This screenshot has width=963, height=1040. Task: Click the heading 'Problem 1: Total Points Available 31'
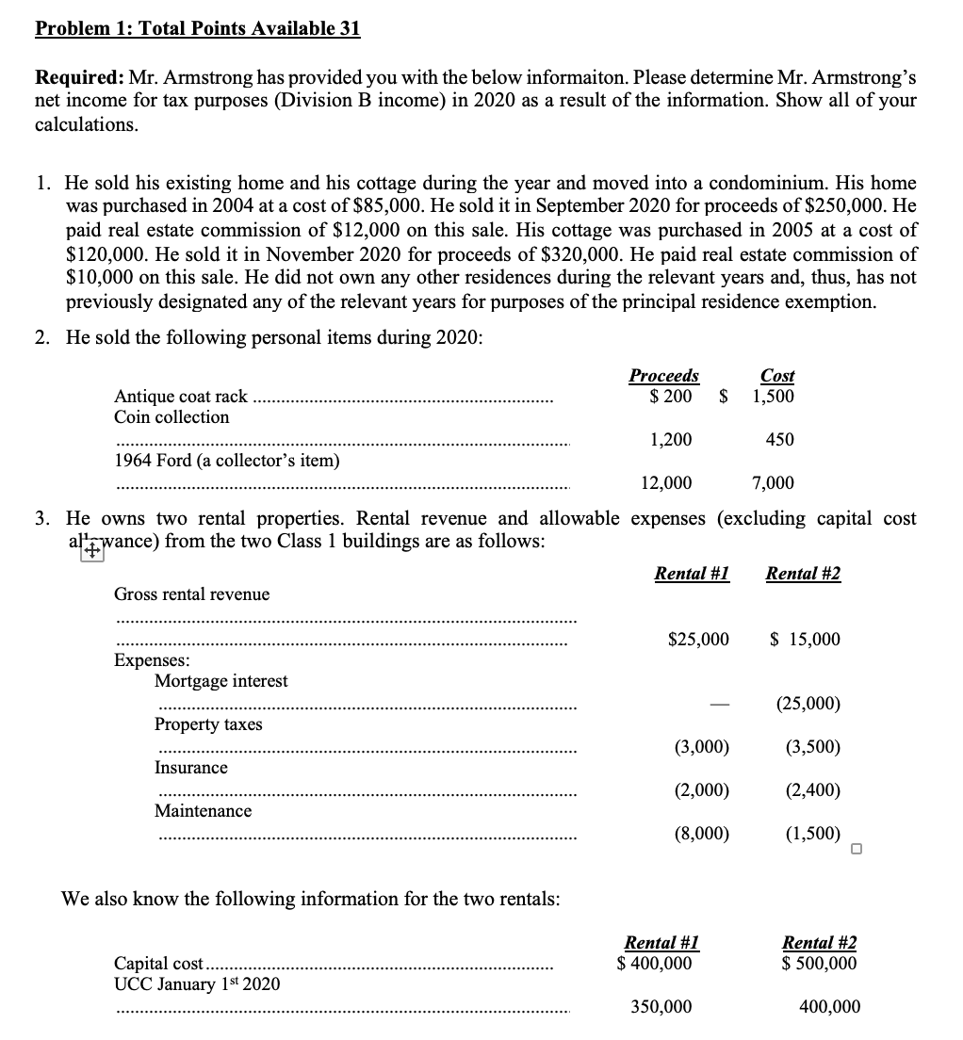(x=197, y=28)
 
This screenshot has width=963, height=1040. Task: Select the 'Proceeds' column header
(x=663, y=376)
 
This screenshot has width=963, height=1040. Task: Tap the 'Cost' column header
(x=777, y=376)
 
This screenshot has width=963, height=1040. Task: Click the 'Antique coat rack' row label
(x=181, y=397)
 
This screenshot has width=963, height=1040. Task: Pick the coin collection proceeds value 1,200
(x=671, y=440)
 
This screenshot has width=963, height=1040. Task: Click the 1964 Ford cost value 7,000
(x=773, y=483)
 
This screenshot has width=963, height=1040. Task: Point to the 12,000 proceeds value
(x=665, y=483)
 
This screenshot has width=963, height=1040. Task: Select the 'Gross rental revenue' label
(x=191, y=594)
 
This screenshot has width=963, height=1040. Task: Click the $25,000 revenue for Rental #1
(x=697, y=640)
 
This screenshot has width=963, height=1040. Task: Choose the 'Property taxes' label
(x=208, y=724)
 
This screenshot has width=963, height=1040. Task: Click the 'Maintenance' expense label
(x=203, y=811)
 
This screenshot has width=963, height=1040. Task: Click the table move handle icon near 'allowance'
(x=90, y=553)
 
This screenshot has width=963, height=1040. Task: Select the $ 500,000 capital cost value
(x=820, y=964)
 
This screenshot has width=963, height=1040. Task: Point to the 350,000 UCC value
(x=661, y=1007)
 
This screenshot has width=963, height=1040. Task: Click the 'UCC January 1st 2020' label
(x=196, y=983)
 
